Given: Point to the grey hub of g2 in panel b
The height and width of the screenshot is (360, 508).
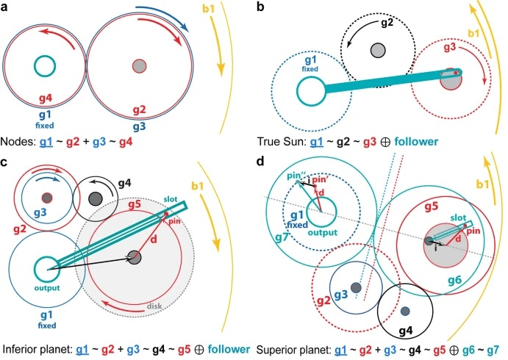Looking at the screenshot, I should coord(378,50).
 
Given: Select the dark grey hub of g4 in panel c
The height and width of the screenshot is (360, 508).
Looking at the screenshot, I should coord(95,198).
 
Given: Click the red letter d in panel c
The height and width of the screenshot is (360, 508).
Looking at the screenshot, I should coord(156,239).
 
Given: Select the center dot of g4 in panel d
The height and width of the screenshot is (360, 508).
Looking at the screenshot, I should coord(404,311).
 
